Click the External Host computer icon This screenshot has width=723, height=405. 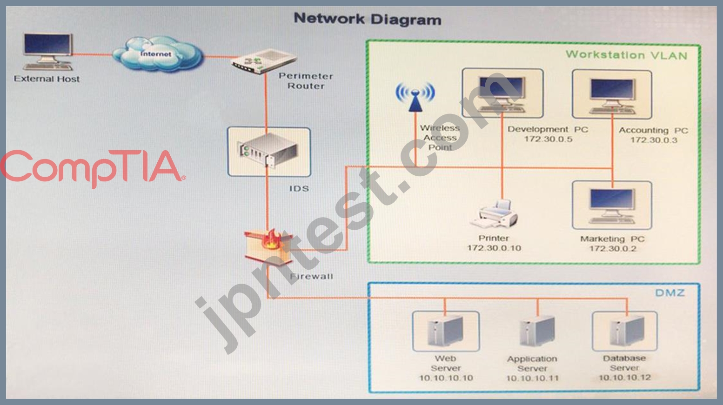pos(48,52)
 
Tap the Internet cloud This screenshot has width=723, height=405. pos(158,54)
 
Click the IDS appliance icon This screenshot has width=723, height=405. pos(269,150)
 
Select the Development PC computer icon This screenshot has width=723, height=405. pos(502,93)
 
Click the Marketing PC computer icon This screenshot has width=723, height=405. pos(612,206)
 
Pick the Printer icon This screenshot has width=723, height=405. pos(495,213)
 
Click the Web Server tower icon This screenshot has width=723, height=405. pos(445,331)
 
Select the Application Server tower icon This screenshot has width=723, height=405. pos(537,331)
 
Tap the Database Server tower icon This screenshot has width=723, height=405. pos(627,331)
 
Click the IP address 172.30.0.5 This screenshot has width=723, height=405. pos(548,139)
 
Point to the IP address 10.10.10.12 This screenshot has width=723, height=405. pos(625,378)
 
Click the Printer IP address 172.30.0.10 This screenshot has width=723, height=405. pos(494,248)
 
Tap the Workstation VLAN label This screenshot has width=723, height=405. pos(627,55)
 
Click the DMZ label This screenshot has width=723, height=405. pos(670,292)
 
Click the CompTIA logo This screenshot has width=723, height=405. pos(92,168)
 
